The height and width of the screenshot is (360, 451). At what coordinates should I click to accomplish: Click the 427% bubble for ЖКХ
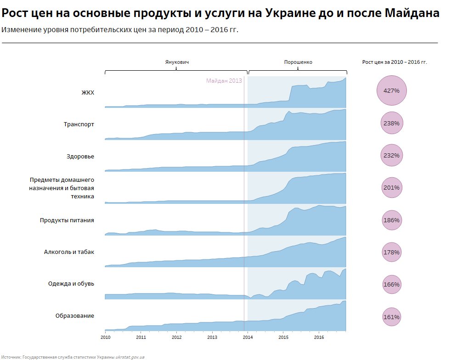tap(391, 90)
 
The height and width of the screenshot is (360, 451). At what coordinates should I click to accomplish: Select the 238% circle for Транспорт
tap(391, 124)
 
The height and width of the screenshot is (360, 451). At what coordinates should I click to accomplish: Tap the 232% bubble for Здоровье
tap(391, 156)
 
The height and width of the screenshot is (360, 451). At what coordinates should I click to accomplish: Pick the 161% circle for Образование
tap(391, 317)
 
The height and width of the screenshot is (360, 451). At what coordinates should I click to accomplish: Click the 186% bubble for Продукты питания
tap(391, 220)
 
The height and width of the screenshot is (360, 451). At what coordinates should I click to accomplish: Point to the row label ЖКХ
tap(88, 92)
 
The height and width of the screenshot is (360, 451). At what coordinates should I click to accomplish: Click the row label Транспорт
tap(79, 124)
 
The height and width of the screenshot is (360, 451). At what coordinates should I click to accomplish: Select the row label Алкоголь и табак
tap(69, 252)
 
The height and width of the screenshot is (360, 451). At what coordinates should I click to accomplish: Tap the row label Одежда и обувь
tap(71, 283)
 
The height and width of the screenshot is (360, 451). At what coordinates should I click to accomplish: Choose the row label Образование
tap(75, 315)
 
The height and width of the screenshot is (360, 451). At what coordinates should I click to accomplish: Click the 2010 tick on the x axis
tap(105, 337)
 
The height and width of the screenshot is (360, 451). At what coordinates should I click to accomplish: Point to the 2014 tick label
tap(248, 337)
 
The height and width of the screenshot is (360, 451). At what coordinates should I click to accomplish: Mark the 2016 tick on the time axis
tap(319, 337)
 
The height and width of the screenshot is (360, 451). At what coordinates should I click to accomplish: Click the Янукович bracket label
tap(177, 62)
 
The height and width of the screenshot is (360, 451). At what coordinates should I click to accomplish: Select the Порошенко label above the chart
tap(298, 62)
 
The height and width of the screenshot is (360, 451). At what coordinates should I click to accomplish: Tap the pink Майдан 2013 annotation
tap(224, 81)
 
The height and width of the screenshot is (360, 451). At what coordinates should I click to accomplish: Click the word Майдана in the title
tap(412, 13)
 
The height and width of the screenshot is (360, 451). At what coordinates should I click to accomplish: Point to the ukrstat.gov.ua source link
tap(130, 356)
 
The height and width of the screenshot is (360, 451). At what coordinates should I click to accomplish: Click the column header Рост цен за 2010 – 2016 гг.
tap(395, 62)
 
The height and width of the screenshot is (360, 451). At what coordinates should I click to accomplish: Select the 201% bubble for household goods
tap(391, 187)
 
